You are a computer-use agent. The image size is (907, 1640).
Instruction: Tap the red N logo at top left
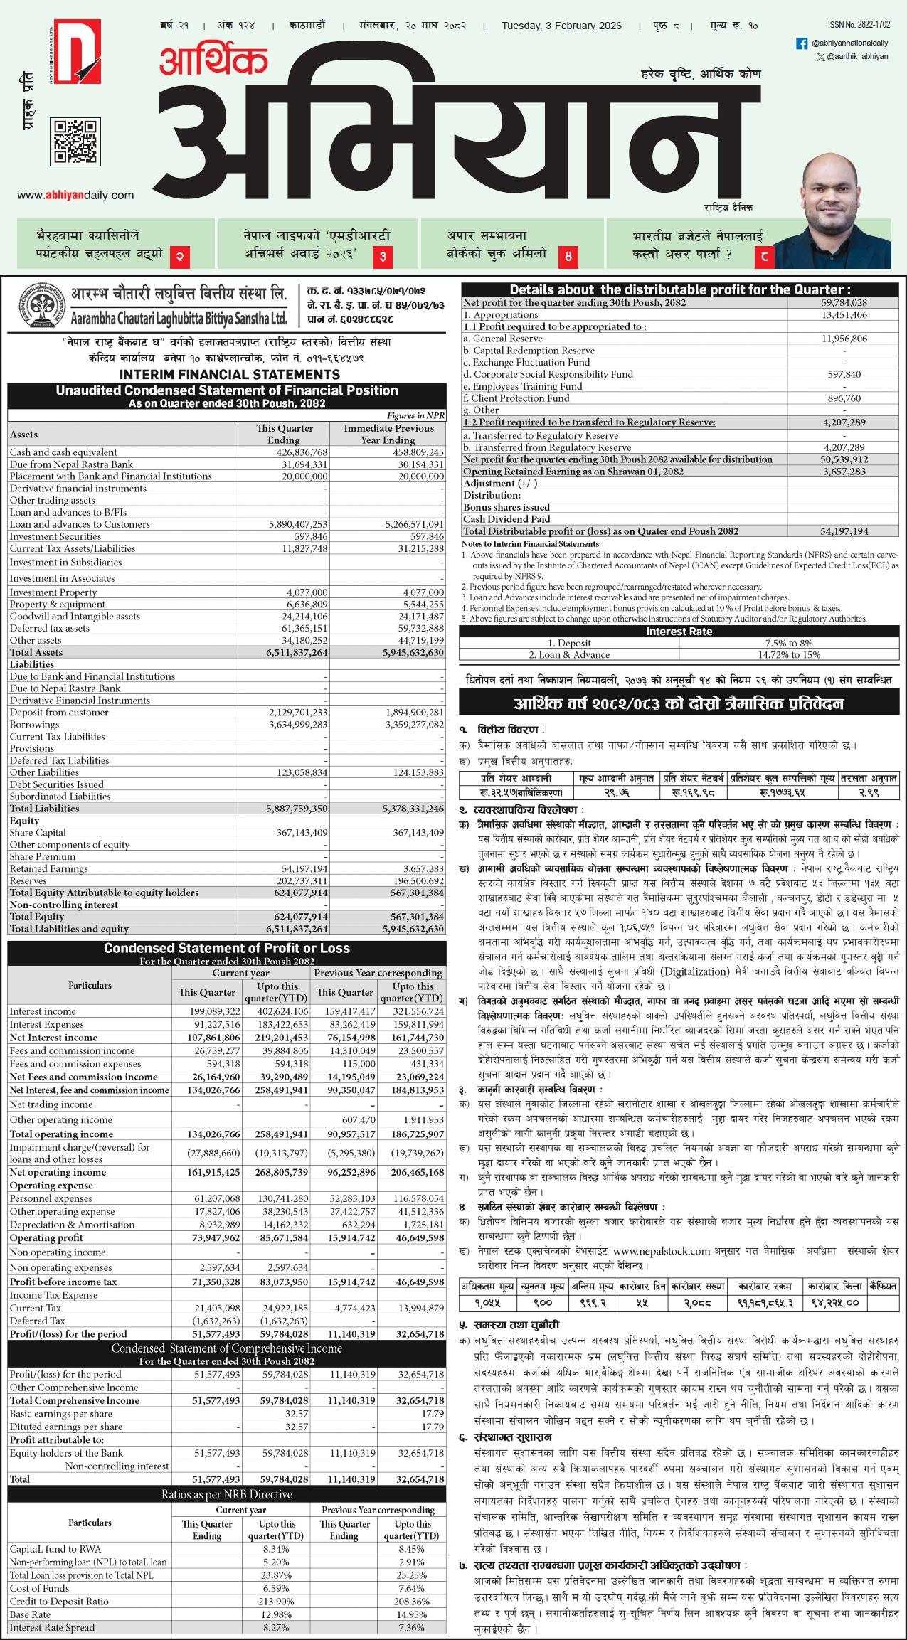pos(76,51)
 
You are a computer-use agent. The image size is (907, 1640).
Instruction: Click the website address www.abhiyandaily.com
pos(75,195)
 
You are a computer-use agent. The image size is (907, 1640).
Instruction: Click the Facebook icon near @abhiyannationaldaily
pos(801,43)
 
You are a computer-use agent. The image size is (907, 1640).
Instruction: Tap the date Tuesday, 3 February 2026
pos(561,26)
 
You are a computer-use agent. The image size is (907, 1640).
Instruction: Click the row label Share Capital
pos(38,833)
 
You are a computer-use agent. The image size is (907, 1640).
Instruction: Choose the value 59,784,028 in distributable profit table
pos(844,303)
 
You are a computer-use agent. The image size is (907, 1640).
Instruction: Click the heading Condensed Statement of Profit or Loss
pos(227,948)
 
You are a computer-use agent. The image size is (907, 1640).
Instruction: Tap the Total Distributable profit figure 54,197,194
pos(844,531)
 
